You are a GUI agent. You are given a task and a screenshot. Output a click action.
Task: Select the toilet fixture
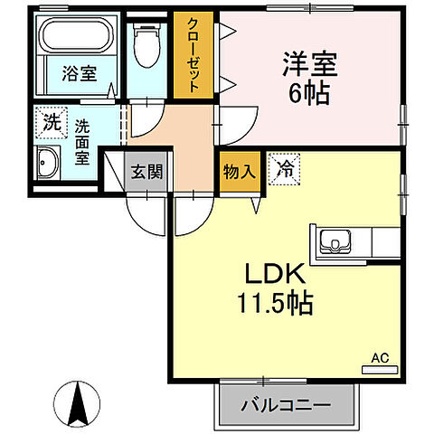(x=145, y=42)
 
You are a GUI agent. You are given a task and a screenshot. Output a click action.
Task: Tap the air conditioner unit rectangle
(x=380, y=369)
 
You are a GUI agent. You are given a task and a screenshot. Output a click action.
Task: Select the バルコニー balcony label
(x=285, y=405)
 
